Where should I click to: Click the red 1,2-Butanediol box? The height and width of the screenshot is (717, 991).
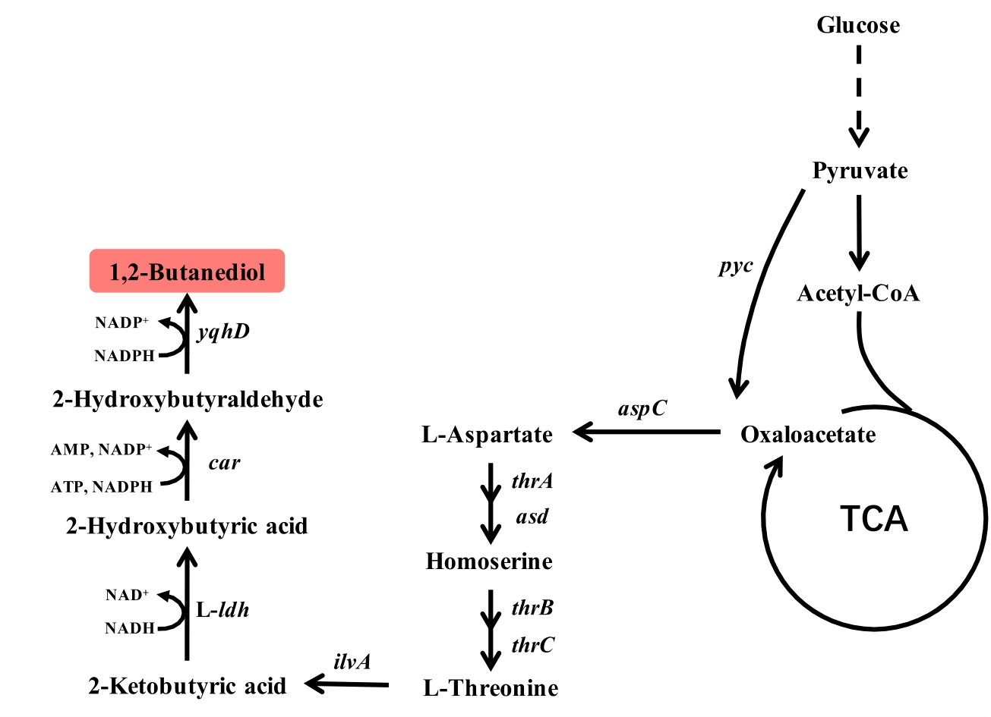pos(187,271)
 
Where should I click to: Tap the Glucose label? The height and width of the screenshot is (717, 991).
pos(858,25)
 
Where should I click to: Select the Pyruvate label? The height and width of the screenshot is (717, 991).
pos(860,171)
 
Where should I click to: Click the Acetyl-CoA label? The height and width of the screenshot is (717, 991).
pos(858,293)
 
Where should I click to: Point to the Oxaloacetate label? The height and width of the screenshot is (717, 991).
pos(808,435)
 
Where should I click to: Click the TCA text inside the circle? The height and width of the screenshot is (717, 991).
pos(874,519)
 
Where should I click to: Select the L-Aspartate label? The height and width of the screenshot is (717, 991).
pos(488,435)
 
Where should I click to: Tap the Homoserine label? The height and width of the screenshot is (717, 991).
pos(489,561)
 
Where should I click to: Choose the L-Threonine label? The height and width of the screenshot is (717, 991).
pos(491,688)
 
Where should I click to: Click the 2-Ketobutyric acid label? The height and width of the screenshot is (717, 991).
pos(188,686)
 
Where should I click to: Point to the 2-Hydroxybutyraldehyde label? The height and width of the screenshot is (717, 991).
pos(188,399)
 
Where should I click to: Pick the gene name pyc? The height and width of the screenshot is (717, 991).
pos(736,266)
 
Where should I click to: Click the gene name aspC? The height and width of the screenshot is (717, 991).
pos(642,408)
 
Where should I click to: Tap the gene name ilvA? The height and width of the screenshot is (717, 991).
pos(352,662)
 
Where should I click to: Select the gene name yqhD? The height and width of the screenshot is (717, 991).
pos(223,332)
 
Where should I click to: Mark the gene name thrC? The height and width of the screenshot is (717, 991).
pos(532,645)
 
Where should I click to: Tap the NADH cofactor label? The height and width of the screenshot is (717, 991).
pos(130,628)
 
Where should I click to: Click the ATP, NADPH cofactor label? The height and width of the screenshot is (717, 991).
pos(102,487)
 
